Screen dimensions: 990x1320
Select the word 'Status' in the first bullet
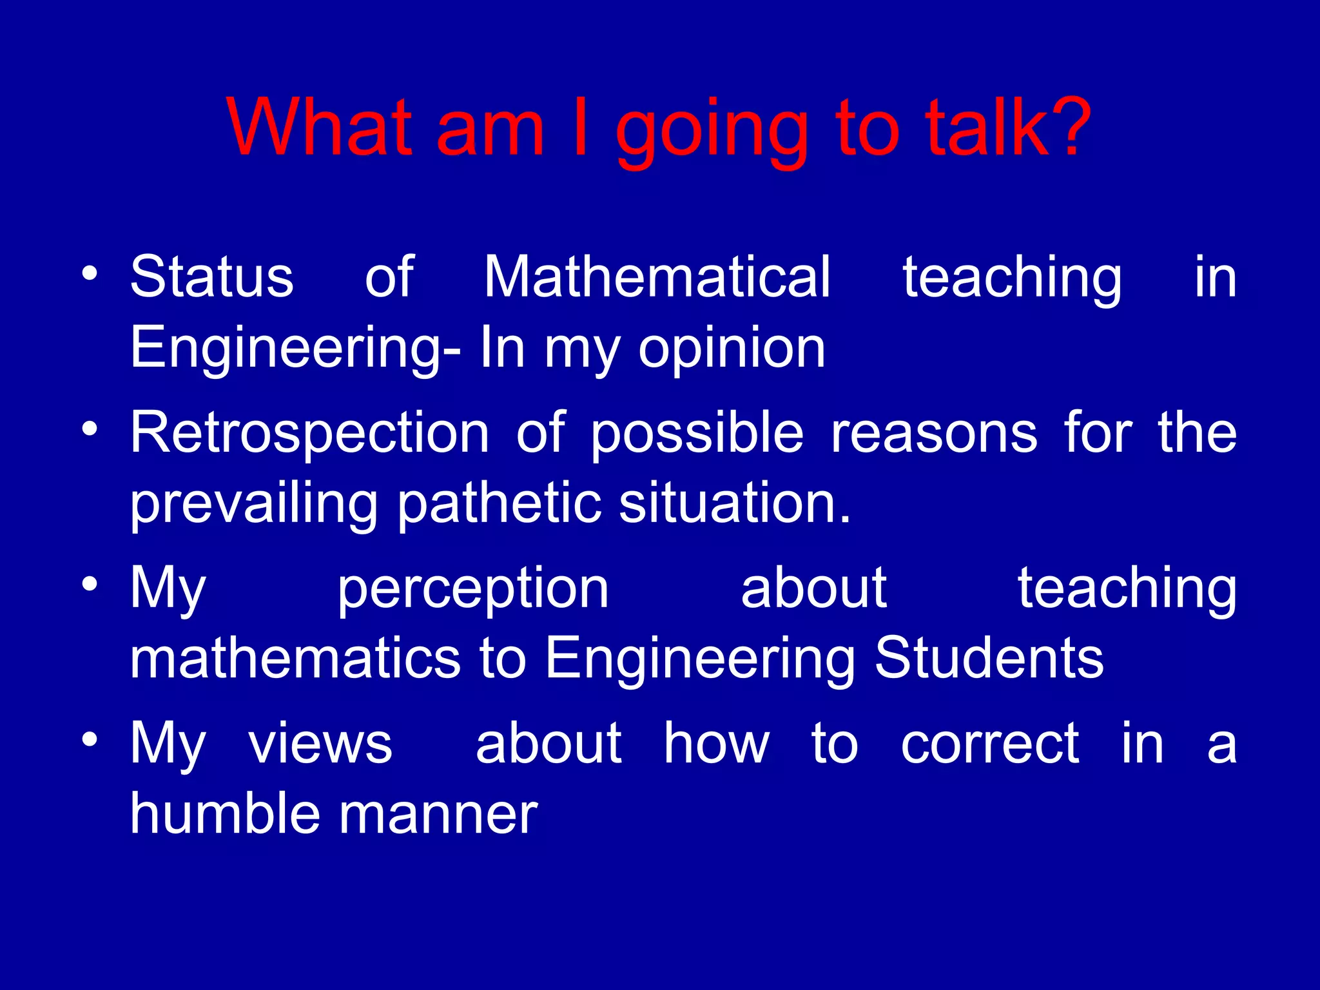[212, 277]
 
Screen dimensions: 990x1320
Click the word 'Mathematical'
[657, 277]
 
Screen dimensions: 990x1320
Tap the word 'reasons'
[934, 433]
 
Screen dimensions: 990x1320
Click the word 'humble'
[225, 813]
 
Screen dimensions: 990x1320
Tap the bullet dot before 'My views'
[90, 739]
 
